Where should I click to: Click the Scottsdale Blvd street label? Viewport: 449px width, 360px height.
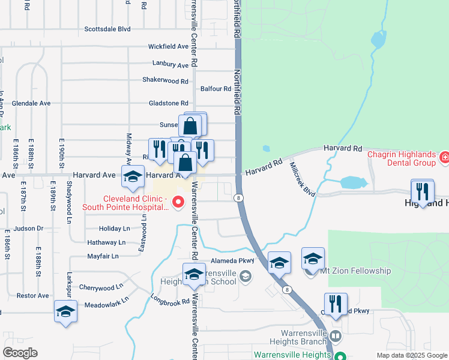click(x=107, y=28)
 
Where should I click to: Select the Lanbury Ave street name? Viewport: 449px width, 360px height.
click(x=170, y=64)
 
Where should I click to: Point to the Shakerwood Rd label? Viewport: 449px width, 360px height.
click(x=165, y=80)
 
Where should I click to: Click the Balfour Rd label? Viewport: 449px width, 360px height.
click(x=216, y=89)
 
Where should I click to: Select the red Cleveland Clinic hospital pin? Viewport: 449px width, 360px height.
click(x=178, y=203)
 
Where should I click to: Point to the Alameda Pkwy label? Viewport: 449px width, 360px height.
click(x=232, y=261)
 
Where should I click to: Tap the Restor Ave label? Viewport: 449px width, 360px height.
click(x=32, y=295)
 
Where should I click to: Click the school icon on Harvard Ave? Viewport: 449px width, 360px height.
click(x=132, y=177)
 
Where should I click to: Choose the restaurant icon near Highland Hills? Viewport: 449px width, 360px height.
click(x=422, y=192)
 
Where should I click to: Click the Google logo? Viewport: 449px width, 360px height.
click(x=20, y=353)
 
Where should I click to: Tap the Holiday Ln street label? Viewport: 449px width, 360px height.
click(x=114, y=229)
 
